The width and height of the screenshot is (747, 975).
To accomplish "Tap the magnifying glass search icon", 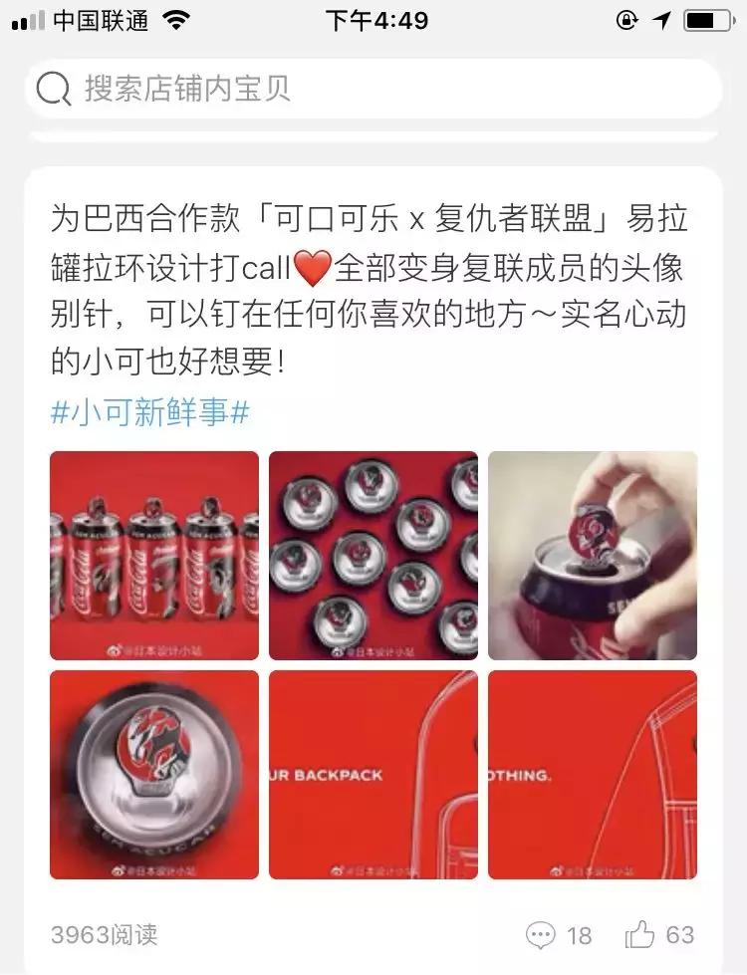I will pyautogui.click(x=53, y=90).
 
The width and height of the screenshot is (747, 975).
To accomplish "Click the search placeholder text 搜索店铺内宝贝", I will pyautogui.click(x=187, y=89).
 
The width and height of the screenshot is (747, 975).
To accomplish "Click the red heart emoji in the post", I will pyautogui.click(x=313, y=267).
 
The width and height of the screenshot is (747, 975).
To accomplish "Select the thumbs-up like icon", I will pyautogui.click(x=638, y=934).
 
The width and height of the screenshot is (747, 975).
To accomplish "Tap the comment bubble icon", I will pyautogui.click(x=540, y=934).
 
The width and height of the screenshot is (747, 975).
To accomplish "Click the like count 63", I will pyautogui.click(x=680, y=934).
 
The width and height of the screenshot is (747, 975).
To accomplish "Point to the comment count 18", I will pyautogui.click(x=579, y=935).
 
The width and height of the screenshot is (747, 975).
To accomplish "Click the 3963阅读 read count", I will pyautogui.click(x=104, y=935).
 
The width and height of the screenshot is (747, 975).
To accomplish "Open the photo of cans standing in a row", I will pyautogui.click(x=154, y=556).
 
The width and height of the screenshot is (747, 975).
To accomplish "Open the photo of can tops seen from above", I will pyautogui.click(x=373, y=556).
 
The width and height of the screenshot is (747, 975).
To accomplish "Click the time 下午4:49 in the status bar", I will pyautogui.click(x=376, y=21).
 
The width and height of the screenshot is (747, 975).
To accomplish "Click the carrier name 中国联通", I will pyautogui.click(x=99, y=21).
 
